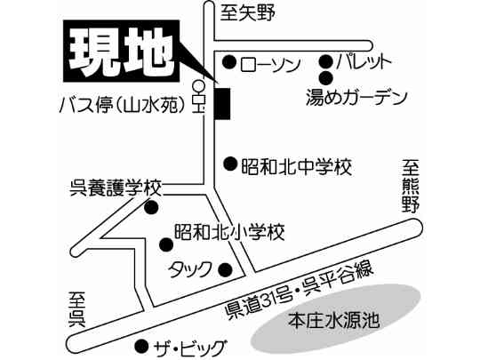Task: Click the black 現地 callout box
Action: tap(121, 51)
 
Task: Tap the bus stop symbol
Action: tap(199, 96)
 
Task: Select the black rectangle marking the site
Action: tap(222, 103)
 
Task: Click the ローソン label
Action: tap(270, 65)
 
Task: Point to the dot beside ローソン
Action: tap(229, 62)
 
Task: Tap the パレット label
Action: tap(364, 62)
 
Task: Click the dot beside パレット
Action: tap(325, 61)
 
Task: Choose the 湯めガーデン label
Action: tap(356, 97)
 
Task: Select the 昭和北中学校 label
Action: tap(296, 167)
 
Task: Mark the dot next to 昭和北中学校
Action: tap(230, 164)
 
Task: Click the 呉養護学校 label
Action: tap(116, 188)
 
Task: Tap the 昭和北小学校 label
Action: tap(229, 232)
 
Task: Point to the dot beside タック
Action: tap(225, 269)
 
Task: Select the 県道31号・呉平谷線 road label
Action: tap(300, 290)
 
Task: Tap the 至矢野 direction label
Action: tap(248, 13)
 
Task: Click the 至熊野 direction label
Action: tap(411, 186)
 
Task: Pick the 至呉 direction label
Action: tap(76, 309)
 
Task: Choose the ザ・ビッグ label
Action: tap(190, 348)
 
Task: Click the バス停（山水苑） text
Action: tap(123, 105)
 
